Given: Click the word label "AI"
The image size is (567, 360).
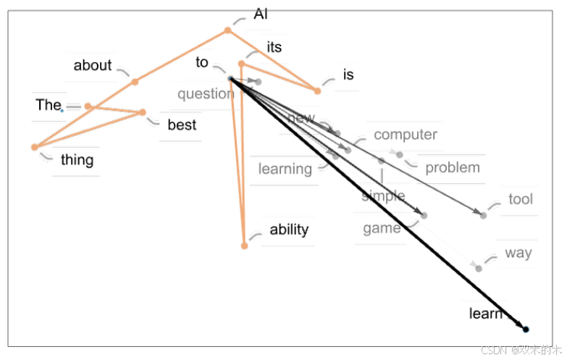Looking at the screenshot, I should pos(261,14).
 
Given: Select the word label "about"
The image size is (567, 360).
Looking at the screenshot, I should pos(93,65).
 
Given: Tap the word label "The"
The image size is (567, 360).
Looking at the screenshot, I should pos(49,105).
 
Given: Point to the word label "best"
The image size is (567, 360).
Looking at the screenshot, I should pos(182,125).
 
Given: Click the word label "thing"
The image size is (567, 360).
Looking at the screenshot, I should pos(77,159).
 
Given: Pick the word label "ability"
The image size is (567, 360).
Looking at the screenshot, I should pos(289,230).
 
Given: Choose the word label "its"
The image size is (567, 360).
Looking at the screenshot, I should pos(274,47).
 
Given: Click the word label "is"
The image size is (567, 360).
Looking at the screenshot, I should pos(348,75).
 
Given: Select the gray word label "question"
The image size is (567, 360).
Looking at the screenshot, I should pos(206,93).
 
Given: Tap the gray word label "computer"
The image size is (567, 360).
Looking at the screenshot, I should pos(406,134).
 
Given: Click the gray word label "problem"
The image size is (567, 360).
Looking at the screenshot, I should pos(453,167).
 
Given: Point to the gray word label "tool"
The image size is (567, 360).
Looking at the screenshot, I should pos(520,198).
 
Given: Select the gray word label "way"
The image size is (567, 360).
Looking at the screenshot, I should pos(518,253).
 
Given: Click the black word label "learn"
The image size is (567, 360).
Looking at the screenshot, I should pos(485,313).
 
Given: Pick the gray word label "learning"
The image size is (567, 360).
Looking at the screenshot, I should pos(285,169).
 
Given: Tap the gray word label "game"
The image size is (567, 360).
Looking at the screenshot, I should pos(382,229).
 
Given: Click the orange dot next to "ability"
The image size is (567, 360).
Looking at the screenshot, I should pos(245,246).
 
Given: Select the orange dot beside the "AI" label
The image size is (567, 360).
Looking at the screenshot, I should pos(227,30).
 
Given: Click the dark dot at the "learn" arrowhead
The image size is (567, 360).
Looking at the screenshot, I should pos(526,330).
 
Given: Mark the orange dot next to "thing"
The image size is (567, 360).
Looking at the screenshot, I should pos(34,147).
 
